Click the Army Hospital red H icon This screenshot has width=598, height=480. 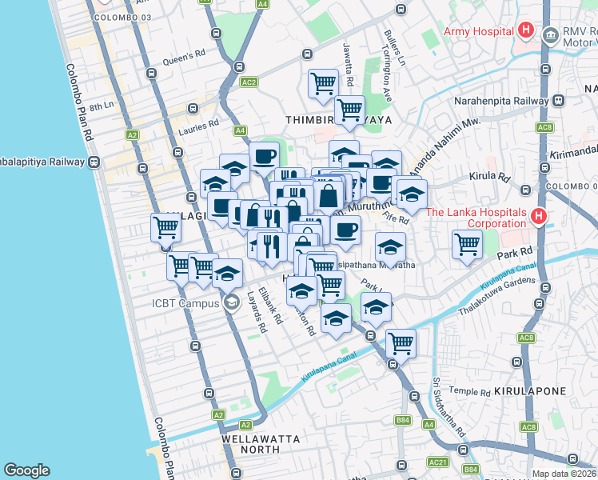(526, 31)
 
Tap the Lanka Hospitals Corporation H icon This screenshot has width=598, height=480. (539, 216)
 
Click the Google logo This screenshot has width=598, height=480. (26, 470)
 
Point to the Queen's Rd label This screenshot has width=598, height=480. (179, 58)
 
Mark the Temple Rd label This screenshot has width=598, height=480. (469, 392)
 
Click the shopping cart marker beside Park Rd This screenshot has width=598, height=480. (467, 244)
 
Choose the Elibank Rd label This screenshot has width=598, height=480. (271, 306)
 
